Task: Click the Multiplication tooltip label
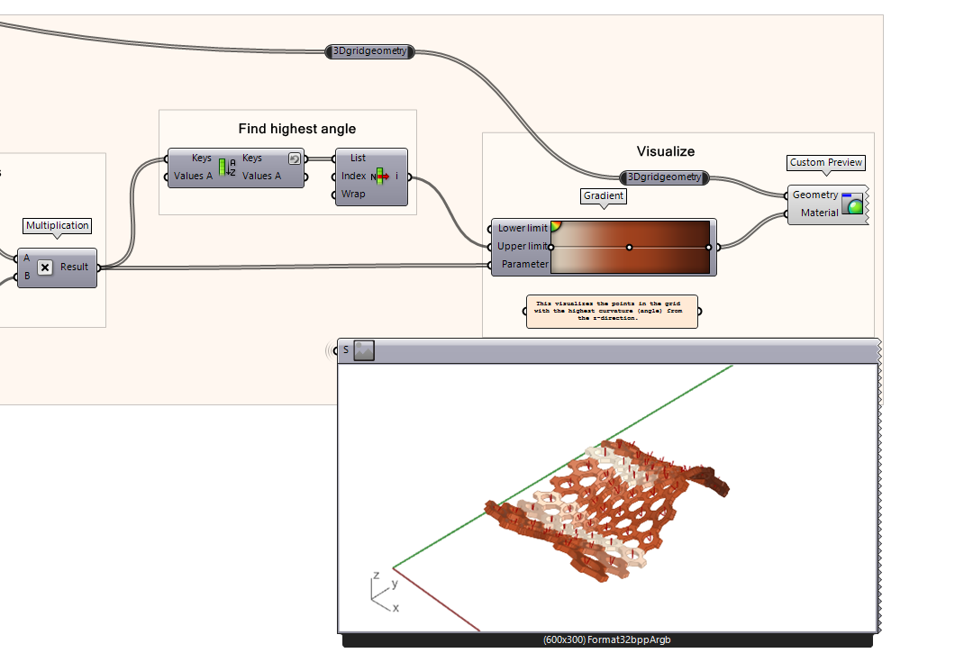58,226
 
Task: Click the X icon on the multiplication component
44,268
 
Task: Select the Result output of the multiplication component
75,268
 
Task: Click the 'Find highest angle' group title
297,129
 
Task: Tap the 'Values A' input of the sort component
193,176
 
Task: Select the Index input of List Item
354,176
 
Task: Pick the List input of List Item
358,158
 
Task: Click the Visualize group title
666,151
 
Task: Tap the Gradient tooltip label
604,195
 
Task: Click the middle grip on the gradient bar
630,247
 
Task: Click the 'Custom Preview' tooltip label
826,163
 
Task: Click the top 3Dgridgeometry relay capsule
369,52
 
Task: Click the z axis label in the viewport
376,575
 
